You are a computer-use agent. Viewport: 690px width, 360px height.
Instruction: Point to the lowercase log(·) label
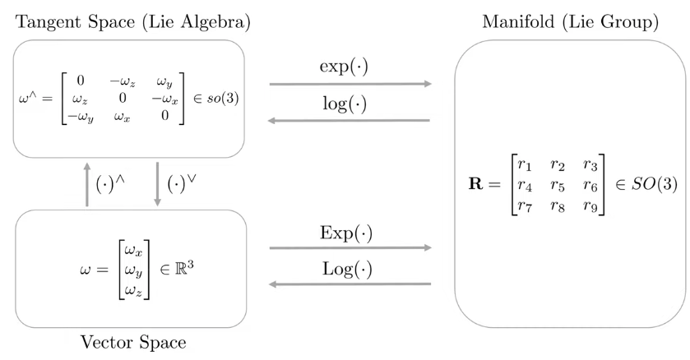pyautogui.click(x=348, y=104)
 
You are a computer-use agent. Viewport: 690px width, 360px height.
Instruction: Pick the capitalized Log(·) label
pyautogui.click(x=348, y=269)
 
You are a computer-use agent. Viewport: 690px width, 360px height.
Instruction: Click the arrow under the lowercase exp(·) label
pyautogui.click(x=350, y=84)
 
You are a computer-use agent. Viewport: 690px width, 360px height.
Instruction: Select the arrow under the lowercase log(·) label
pyautogui.click(x=350, y=121)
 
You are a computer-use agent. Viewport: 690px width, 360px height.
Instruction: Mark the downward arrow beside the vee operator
pyautogui.click(x=156, y=184)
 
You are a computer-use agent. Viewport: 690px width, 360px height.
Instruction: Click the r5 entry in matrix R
pyautogui.click(x=558, y=184)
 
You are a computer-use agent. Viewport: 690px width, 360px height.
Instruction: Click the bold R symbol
pyautogui.click(x=478, y=185)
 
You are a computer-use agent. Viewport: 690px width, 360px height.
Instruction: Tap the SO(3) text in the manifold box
pyautogui.click(x=655, y=185)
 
